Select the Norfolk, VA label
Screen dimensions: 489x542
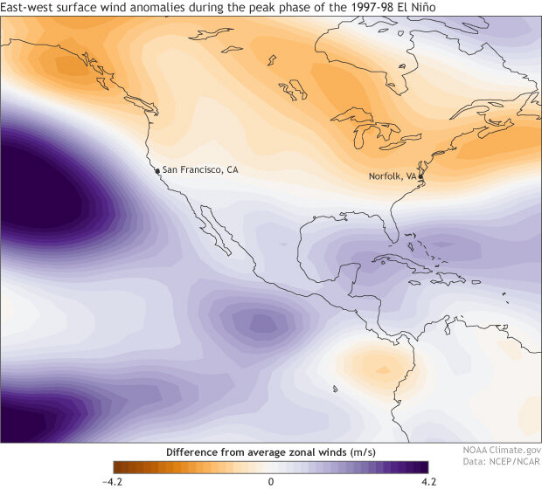pos(392,176)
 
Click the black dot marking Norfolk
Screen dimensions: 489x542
pos(420,177)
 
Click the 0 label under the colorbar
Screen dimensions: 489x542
pos(271,481)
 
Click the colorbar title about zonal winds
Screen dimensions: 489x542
pos(271,452)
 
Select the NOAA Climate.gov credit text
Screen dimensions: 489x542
pos(501,456)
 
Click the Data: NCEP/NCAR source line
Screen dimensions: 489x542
pos(501,469)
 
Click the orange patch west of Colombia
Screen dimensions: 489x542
pos(367,358)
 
